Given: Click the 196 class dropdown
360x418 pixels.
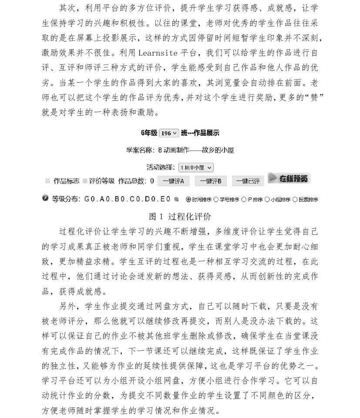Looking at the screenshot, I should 169,133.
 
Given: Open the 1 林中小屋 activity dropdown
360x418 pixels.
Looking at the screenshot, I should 196,167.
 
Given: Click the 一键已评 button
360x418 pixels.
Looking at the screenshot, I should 248,181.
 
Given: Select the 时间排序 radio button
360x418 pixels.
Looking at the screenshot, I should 188,200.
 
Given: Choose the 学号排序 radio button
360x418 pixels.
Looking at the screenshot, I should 216,200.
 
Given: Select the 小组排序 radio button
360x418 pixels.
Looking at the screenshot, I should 267,200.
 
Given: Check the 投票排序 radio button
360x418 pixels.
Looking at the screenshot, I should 295,200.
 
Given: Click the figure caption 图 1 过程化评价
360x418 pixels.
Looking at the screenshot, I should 180,216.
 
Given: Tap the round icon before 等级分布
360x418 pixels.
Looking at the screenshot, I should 45,198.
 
